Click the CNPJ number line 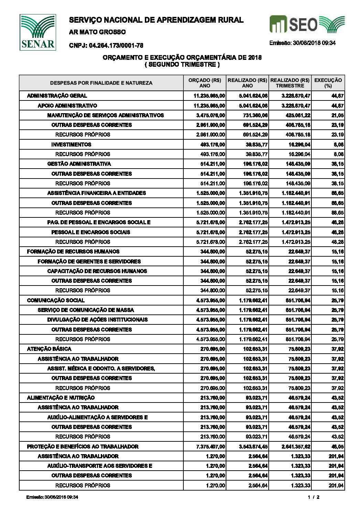pyautogui.click(x=106, y=45)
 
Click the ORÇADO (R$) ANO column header pyautogui.click(x=205, y=83)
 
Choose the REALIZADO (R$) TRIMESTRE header pyautogui.click(x=290, y=83)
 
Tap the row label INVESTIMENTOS pyautogui.click(x=71, y=144)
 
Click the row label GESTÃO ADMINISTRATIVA pyautogui.click(x=79, y=164)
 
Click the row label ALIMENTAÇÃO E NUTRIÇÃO pyautogui.click(x=61, y=398)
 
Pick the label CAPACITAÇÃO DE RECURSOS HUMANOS pyautogui.click(x=97, y=271)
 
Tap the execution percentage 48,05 pyautogui.click(x=338, y=447)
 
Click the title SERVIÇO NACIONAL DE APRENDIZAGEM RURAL pyautogui.click(x=156, y=20)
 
